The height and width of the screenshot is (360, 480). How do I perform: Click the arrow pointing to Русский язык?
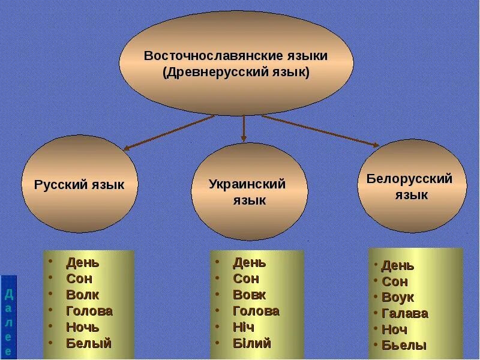point(168,132)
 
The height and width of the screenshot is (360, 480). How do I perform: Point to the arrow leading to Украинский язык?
point(244,128)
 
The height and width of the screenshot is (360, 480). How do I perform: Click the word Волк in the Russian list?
point(83,295)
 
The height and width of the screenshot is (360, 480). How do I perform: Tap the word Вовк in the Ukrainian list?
point(249,295)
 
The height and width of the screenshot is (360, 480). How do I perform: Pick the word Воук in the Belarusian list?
point(397,297)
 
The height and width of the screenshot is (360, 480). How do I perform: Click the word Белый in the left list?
point(89,343)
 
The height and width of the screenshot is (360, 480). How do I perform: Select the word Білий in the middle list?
point(252,343)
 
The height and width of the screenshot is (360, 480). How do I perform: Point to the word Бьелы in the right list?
point(404,345)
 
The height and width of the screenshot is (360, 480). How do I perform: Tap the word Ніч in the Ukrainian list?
point(244,327)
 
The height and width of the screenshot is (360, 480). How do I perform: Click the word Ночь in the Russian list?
point(83,327)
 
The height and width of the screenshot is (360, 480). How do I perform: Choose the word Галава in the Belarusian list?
point(404,313)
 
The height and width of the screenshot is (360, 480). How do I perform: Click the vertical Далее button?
point(8,317)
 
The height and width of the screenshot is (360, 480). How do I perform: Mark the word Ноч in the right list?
point(394,329)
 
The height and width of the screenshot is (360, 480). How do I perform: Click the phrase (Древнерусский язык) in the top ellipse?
point(236,73)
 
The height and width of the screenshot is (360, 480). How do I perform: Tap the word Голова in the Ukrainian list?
point(256,311)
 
